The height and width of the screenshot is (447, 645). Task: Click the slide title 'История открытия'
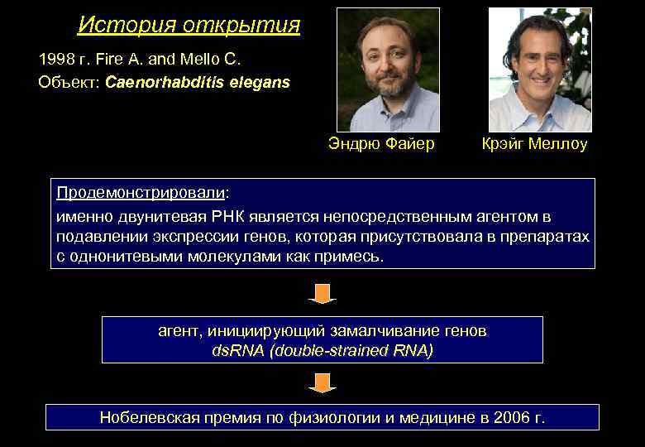click(189, 25)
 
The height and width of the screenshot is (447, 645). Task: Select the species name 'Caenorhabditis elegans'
click(198, 83)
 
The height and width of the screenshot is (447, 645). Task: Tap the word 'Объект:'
click(69, 83)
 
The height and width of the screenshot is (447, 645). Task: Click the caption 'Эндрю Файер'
click(381, 144)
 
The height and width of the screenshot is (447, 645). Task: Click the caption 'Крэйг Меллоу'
click(534, 144)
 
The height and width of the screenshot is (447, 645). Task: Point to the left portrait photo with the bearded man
click(388, 70)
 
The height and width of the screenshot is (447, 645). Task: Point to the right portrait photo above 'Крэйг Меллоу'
click(540, 70)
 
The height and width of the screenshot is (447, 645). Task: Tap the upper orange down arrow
click(322, 293)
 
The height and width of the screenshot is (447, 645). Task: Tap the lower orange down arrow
click(322, 382)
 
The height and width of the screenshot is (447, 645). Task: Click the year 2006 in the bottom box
click(509, 417)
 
